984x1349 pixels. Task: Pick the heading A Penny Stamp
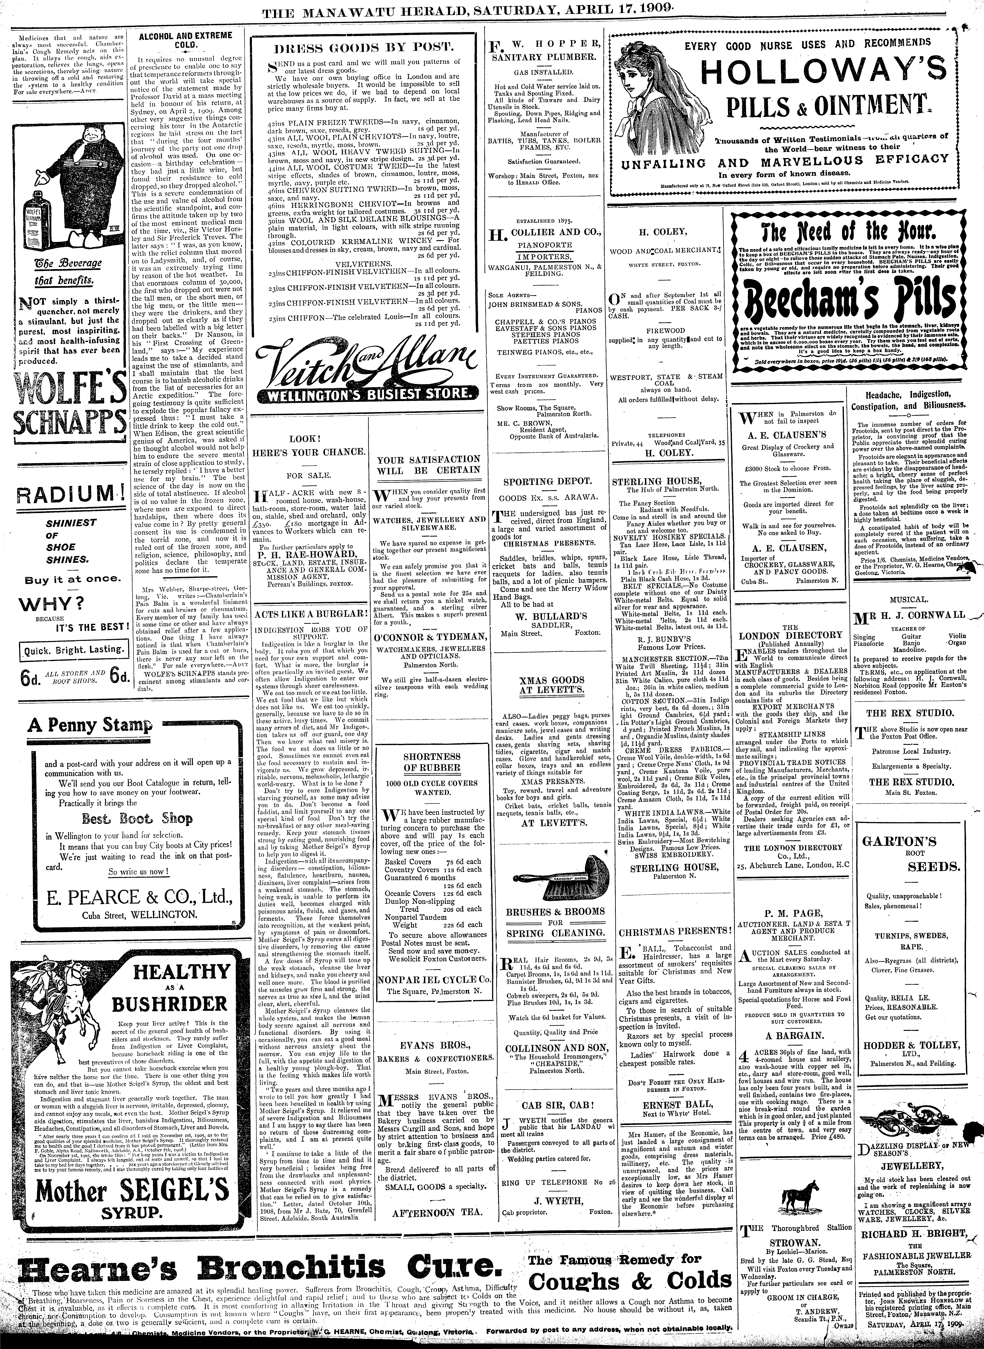point(89,726)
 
